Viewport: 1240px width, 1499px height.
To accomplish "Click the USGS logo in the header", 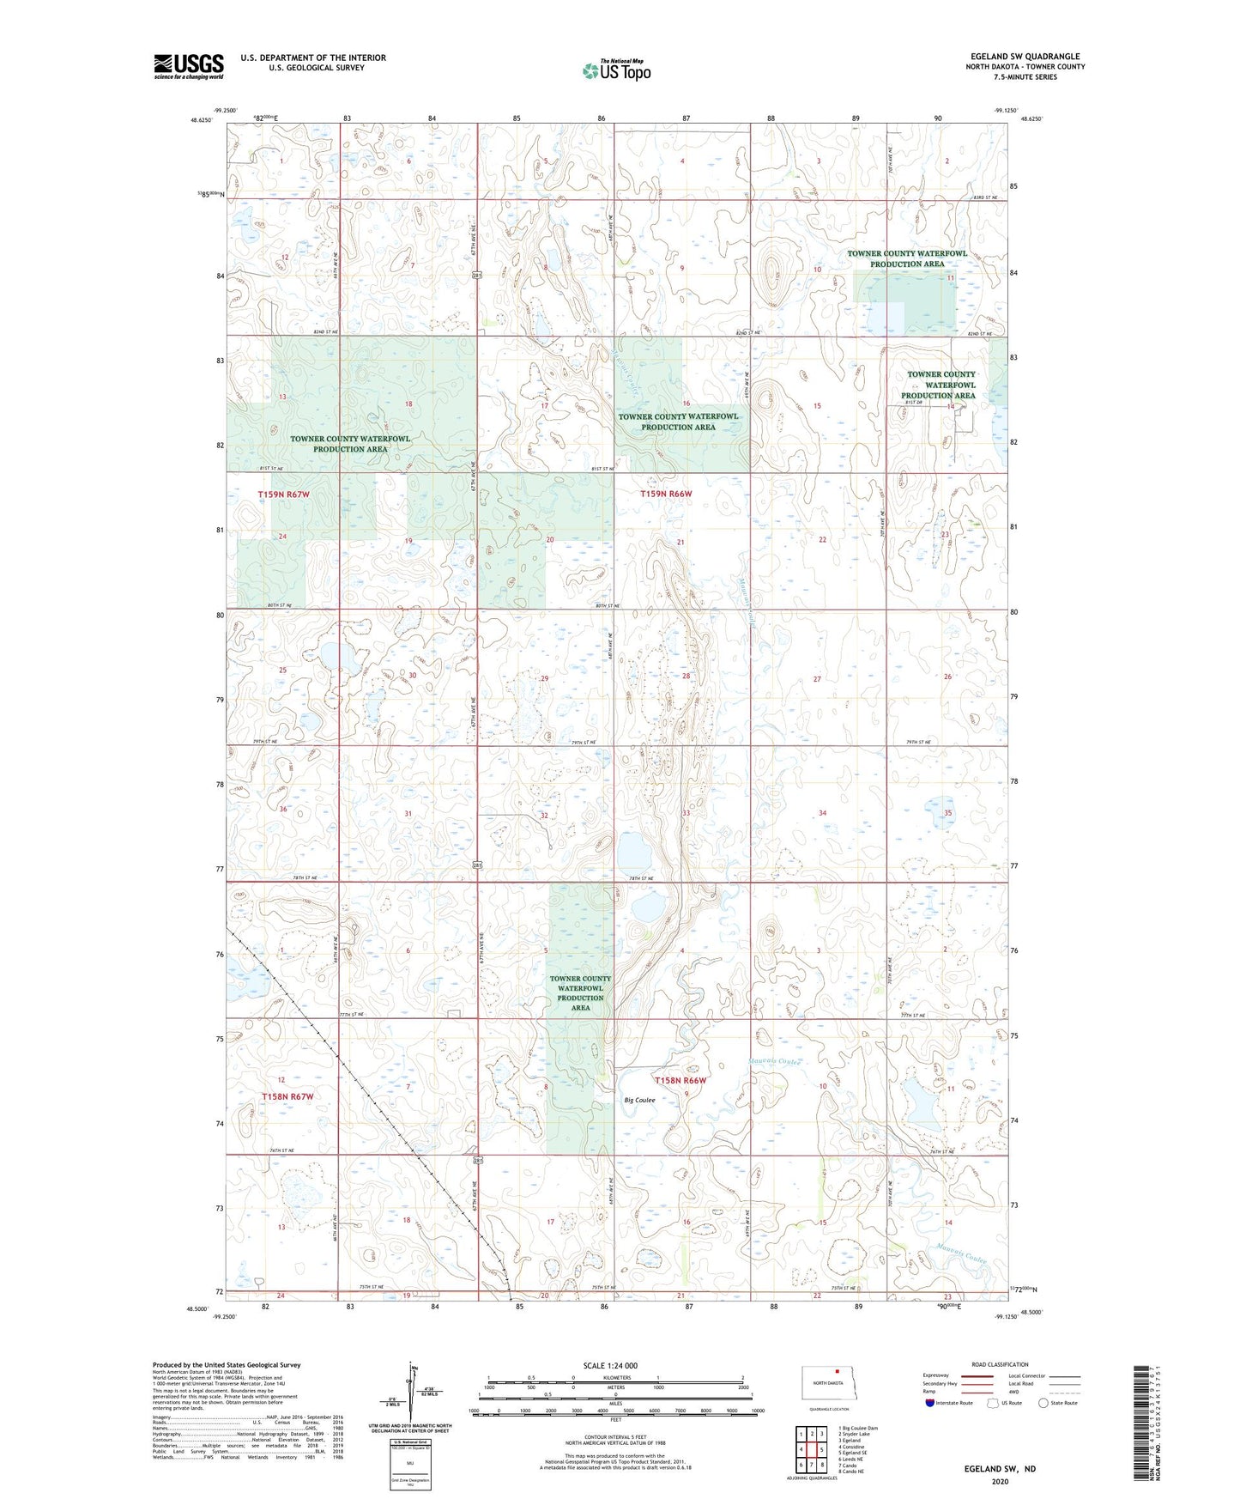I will (x=188, y=66).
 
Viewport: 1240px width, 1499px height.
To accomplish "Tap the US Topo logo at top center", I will (x=616, y=70).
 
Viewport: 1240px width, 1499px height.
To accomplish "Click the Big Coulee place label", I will (x=639, y=1100).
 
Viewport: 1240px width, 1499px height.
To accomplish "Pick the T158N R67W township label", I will (x=287, y=1096).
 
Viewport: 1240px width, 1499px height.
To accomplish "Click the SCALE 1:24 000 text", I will (x=610, y=1365).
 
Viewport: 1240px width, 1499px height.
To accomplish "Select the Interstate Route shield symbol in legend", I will (x=930, y=1403).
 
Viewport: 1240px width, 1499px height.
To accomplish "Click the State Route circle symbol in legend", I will (x=1043, y=1403).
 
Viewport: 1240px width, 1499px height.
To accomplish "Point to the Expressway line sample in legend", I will (x=977, y=1375).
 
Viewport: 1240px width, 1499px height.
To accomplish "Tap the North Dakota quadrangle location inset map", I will (x=828, y=1383).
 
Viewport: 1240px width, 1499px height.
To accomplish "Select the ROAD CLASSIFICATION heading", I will (x=1000, y=1364).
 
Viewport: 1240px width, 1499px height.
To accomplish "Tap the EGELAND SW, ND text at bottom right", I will (x=1000, y=1469).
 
